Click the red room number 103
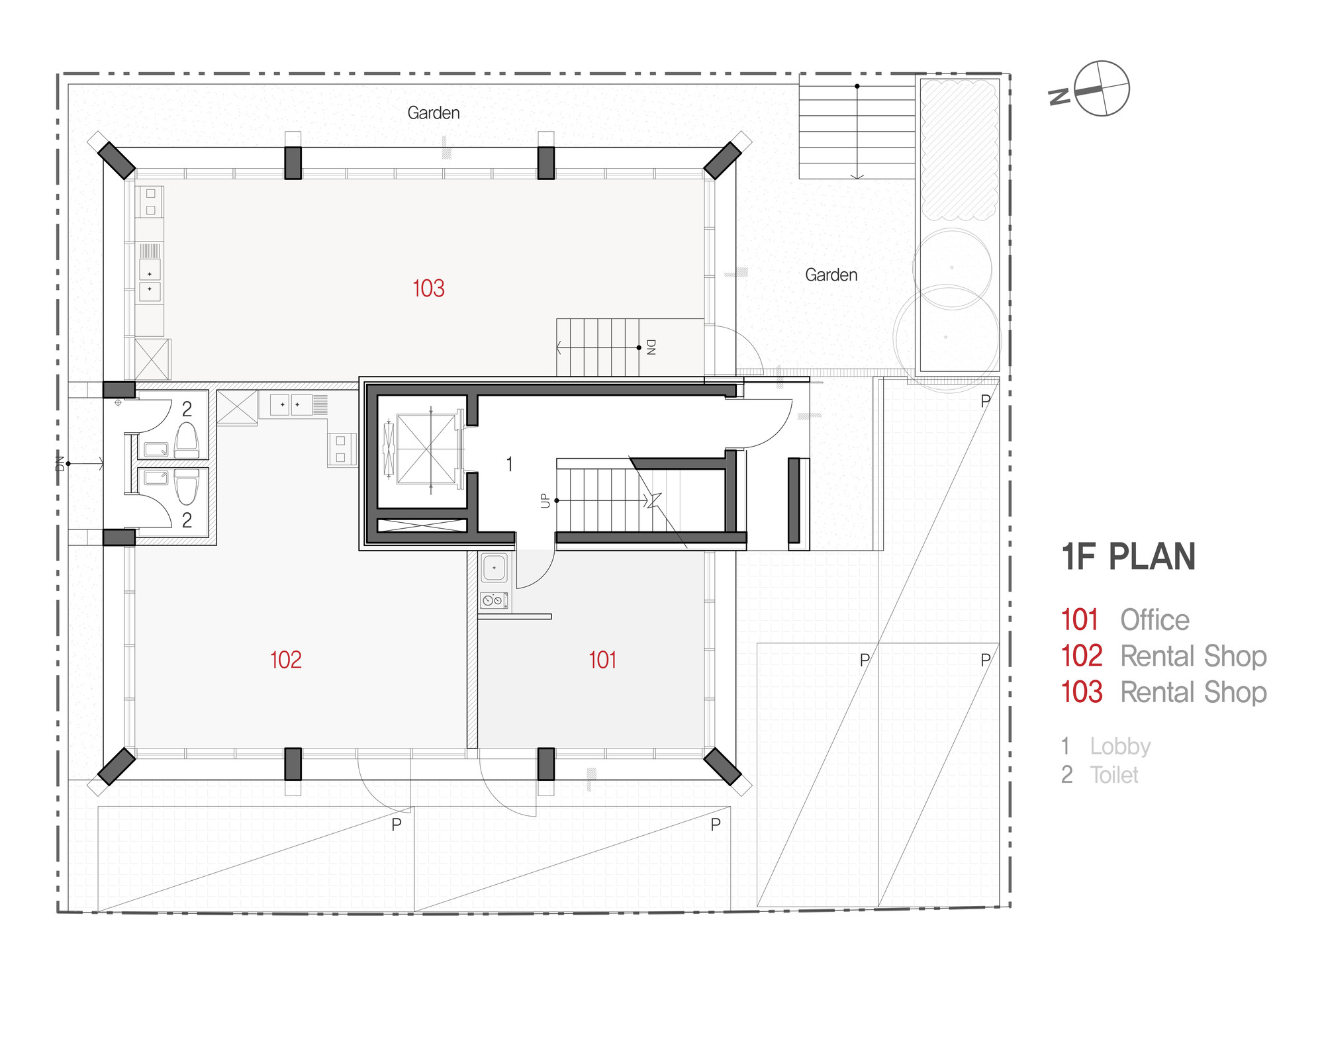(428, 289)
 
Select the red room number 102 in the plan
(285, 660)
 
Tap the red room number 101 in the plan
(602, 660)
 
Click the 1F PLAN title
(1129, 557)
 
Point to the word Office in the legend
(1155, 620)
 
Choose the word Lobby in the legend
(1120, 746)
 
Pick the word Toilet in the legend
(1114, 775)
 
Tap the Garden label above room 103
(434, 113)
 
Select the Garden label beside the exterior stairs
(831, 275)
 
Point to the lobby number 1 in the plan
(509, 465)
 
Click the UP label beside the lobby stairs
(545, 500)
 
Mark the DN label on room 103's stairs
(651, 347)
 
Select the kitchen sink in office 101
(494, 568)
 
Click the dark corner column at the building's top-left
(117, 161)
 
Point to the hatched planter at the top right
(958, 150)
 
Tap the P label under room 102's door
(397, 824)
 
